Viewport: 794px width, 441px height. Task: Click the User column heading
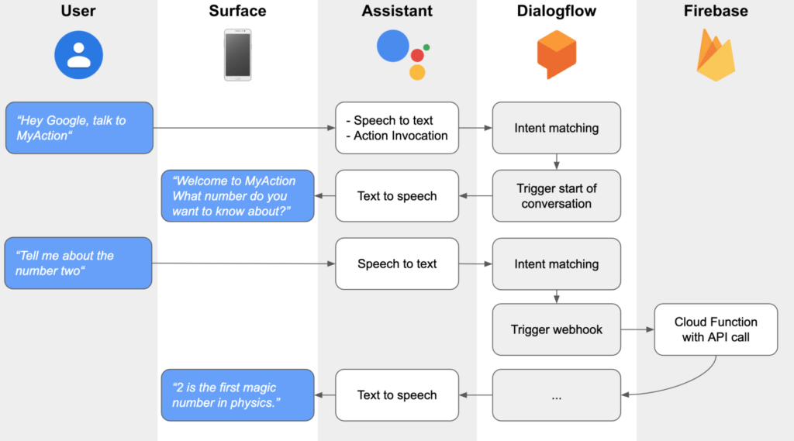(78, 12)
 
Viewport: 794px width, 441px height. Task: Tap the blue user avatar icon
(78, 55)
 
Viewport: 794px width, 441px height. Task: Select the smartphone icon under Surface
(237, 54)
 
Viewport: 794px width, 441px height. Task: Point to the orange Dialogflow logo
(557, 54)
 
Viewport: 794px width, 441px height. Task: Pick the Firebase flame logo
(715, 54)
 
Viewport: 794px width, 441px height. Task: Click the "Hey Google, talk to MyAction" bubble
(78, 128)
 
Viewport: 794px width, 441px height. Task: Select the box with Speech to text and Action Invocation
(397, 128)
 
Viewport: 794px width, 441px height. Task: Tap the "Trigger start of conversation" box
(557, 196)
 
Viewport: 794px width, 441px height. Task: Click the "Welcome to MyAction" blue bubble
(237, 196)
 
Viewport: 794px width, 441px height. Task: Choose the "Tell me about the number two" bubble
(78, 264)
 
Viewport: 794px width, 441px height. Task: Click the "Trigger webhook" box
(557, 329)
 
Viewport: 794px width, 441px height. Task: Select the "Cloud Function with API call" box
(715, 329)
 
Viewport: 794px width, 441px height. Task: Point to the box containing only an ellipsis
(557, 395)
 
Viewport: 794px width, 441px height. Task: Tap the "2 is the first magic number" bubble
(237, 395)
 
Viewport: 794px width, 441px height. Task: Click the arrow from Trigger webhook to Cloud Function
(637, 329)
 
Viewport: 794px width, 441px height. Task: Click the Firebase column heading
(715, 12)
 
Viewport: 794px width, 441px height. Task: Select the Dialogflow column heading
(557, 12)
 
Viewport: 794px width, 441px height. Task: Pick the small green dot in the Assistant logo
(426, 47)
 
